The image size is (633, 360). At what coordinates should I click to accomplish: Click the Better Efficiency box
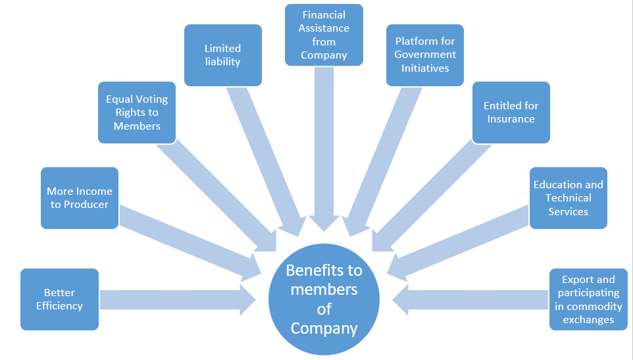click(x=59, y=299)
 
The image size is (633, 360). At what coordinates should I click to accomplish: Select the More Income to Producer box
click(x=79, y=197)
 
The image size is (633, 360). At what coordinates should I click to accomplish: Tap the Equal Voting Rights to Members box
click(x=137, y=113)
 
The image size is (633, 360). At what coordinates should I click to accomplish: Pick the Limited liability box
click(x=222, y=55)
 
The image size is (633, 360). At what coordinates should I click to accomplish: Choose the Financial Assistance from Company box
click(x=324, y=35)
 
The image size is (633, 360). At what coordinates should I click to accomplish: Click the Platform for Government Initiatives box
click(x=424, y=55)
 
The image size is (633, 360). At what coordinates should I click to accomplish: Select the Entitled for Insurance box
click(x=511, y=113)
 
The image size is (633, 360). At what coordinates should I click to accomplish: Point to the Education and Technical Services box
click(x=568, y=197)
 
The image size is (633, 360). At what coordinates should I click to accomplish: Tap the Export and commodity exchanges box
click(x=588, y=299)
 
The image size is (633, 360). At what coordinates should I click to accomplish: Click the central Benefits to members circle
click(x=324, y=299)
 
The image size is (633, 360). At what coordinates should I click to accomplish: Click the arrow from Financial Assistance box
click(x=324, y=145)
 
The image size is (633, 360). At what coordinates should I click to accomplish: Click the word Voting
click(x=151, y=99)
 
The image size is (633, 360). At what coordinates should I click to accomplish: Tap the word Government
click(x=425, y=55)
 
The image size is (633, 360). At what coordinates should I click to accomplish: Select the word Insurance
click(x=511, y=119)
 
